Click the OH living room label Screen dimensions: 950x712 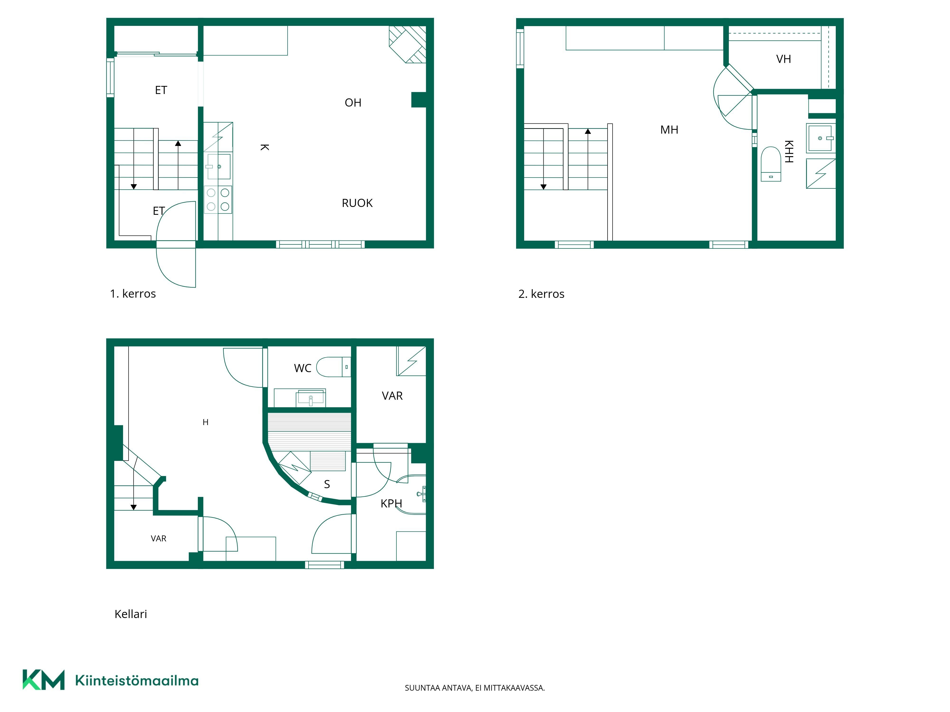353,103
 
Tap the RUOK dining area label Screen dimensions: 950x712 357,203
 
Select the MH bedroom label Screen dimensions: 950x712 669,130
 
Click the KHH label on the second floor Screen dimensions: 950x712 789,151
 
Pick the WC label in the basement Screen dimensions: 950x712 303,368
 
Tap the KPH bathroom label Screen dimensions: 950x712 391,503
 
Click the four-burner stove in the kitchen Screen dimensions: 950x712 218,200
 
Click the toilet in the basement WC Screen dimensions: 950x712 334,367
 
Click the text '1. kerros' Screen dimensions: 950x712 133,294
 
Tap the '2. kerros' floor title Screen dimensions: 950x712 541,294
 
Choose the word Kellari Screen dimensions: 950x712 131,614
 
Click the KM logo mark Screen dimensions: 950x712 43,680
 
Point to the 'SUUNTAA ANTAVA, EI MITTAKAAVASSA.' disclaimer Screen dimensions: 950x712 475,688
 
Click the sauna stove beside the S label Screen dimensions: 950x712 295,468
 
